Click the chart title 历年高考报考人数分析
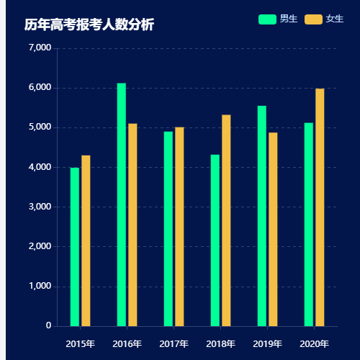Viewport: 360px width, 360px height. click(89, 25)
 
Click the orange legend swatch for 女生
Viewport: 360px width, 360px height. click(314, 19)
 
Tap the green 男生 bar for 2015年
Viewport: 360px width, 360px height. click(75, 247)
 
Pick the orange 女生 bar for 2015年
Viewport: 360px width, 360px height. click(86, 240)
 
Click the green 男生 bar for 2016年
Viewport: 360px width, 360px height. click(122, 204)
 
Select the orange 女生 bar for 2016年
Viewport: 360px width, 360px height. click(132, 225)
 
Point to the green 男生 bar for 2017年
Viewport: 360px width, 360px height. click(168, 229)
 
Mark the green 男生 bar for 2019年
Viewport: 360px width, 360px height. click(262, 216)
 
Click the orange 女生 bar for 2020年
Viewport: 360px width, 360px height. click(320, 207)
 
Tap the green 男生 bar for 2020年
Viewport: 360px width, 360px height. click(309, 225)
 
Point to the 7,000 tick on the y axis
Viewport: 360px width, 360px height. click(40, 48)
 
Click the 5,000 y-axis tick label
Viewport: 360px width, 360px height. click(40, 127)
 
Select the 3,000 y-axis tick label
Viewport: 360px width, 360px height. click(40, 207)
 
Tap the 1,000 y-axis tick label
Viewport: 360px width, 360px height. click(40, 286)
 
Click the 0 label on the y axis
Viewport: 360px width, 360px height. click(48, 325)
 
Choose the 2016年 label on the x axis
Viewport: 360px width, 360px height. click(127, 343)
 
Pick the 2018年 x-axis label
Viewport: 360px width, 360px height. click(220, 343)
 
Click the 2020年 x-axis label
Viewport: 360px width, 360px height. click(314, 343)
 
